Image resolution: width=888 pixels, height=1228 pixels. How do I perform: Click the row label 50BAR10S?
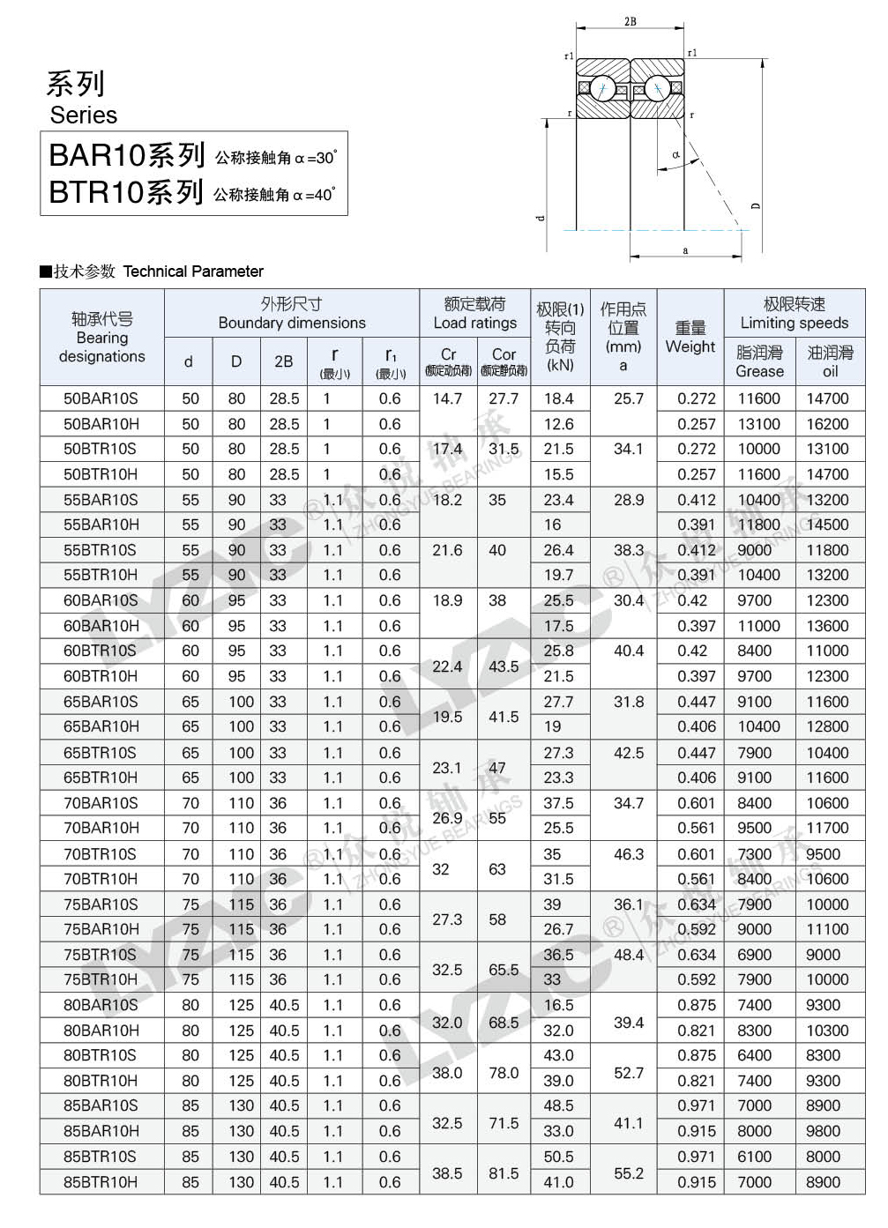click(101, 398)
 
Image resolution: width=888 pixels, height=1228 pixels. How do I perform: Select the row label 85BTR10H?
click(101, 1182)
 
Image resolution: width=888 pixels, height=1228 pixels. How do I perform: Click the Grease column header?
click(759, 361)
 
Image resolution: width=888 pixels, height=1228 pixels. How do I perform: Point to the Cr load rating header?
click(448, 361)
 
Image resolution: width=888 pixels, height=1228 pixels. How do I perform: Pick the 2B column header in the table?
click(284, 361)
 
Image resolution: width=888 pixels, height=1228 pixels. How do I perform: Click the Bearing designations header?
click(101, 338)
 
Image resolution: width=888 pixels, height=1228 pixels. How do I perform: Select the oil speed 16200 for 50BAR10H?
click(827, 424)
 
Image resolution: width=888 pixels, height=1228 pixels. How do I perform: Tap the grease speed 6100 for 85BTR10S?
click(755, 1157)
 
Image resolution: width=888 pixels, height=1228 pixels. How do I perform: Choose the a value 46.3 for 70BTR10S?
click(629, 854)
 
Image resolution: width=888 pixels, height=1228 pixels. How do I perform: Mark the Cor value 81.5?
click(504, 1173)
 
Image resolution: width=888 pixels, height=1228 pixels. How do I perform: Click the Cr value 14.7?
click(447, 398)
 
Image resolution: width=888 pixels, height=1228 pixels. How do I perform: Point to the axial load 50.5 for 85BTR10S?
click(558, 1157)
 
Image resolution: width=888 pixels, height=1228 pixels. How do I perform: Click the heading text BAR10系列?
click(127, 155)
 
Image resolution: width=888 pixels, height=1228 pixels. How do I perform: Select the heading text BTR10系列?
click(126, 192)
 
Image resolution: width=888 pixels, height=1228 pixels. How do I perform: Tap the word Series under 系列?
click(84, 115)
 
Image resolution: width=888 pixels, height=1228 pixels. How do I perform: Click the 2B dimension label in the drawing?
click(630, 21)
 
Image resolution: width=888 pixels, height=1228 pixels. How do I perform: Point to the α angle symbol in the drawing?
click(676, 155)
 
